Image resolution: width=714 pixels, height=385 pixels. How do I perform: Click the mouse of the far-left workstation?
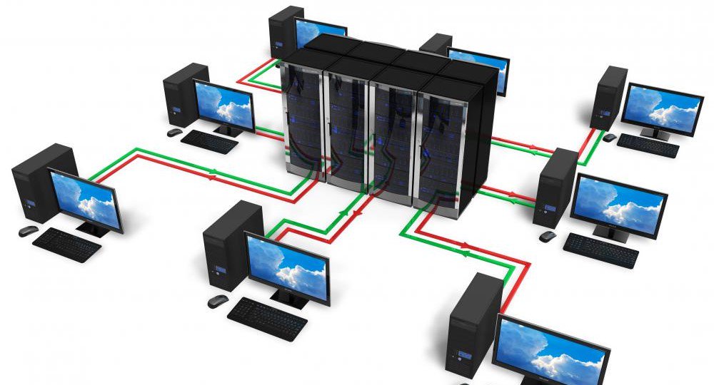(x=28, y=231)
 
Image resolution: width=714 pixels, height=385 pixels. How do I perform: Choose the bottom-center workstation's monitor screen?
(x=287, y=265)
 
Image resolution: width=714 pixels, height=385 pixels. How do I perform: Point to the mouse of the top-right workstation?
(x=608, y=137)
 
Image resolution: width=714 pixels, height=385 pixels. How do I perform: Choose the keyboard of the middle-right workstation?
(x=600, y=250)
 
